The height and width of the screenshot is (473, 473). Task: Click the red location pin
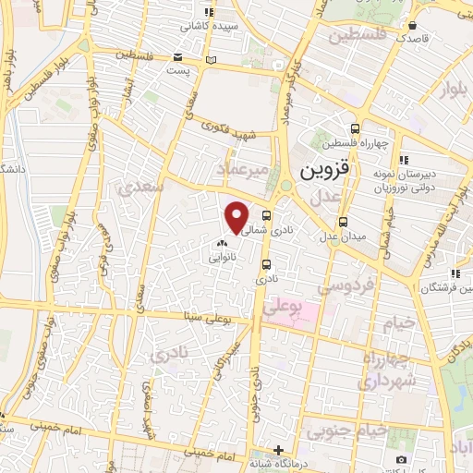(237, 217)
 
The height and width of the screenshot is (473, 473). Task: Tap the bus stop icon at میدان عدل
(343, 222)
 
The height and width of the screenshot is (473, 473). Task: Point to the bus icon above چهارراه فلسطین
(356, 128)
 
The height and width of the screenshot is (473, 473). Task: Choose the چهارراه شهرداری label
(388, 369)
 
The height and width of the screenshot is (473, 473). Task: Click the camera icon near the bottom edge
(401, 459)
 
